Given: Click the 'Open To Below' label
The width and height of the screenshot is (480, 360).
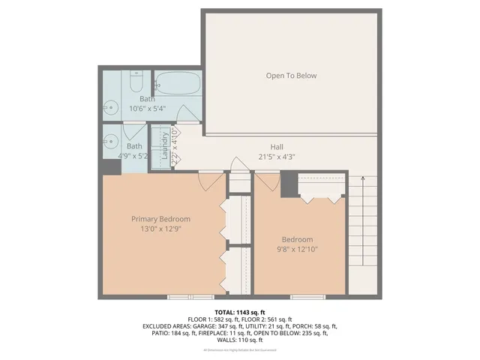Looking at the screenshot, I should (291, 76).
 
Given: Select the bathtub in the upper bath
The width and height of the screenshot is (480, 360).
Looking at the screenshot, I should (178, 83).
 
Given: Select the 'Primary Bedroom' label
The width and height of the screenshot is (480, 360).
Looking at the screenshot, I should (160, 219).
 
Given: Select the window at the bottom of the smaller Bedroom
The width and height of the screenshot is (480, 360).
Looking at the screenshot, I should (307, 297).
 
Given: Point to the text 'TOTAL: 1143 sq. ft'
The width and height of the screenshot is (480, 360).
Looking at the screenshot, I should (240, 312).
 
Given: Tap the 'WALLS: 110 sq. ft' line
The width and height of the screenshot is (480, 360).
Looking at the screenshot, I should (240, 340).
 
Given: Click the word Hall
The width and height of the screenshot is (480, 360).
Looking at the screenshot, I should (277, 147).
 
